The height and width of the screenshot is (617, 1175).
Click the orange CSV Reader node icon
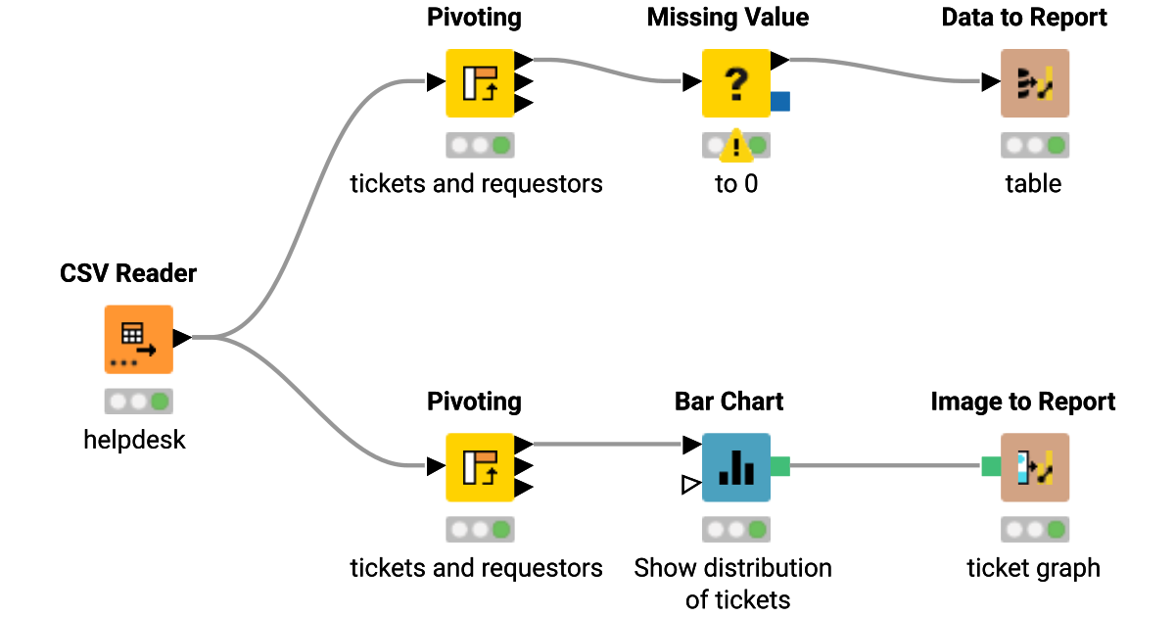(138, 339)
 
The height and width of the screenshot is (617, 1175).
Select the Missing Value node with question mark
(735, 83)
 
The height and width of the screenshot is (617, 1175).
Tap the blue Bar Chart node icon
(735, 467)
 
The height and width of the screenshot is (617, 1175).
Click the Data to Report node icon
(1034, 83)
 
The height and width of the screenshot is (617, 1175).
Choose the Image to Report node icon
(1034, 467)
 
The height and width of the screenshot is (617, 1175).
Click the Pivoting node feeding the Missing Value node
(480, 83)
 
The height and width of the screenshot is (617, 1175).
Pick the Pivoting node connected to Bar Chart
(480, 467)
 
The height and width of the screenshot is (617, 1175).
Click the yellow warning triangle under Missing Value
(735, 148)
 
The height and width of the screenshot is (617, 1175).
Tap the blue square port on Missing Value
(780, 100)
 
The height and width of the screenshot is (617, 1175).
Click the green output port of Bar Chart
(780, 466)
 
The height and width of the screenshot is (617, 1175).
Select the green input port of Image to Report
(991, 466)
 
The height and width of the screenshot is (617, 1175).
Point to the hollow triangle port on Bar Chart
(690, 484)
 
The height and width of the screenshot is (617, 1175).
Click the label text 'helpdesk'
(134, 440)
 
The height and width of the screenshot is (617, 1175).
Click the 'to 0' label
(735, 184)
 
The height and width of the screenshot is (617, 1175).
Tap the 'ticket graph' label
(1033, 568)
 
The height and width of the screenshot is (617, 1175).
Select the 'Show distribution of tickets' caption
(732, 583)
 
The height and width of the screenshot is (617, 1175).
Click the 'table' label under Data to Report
(1033, 184)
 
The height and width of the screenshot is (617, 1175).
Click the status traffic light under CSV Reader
(138, 402)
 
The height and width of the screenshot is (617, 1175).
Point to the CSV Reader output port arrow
(182, 339)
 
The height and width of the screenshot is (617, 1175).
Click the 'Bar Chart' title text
(728, 402)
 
